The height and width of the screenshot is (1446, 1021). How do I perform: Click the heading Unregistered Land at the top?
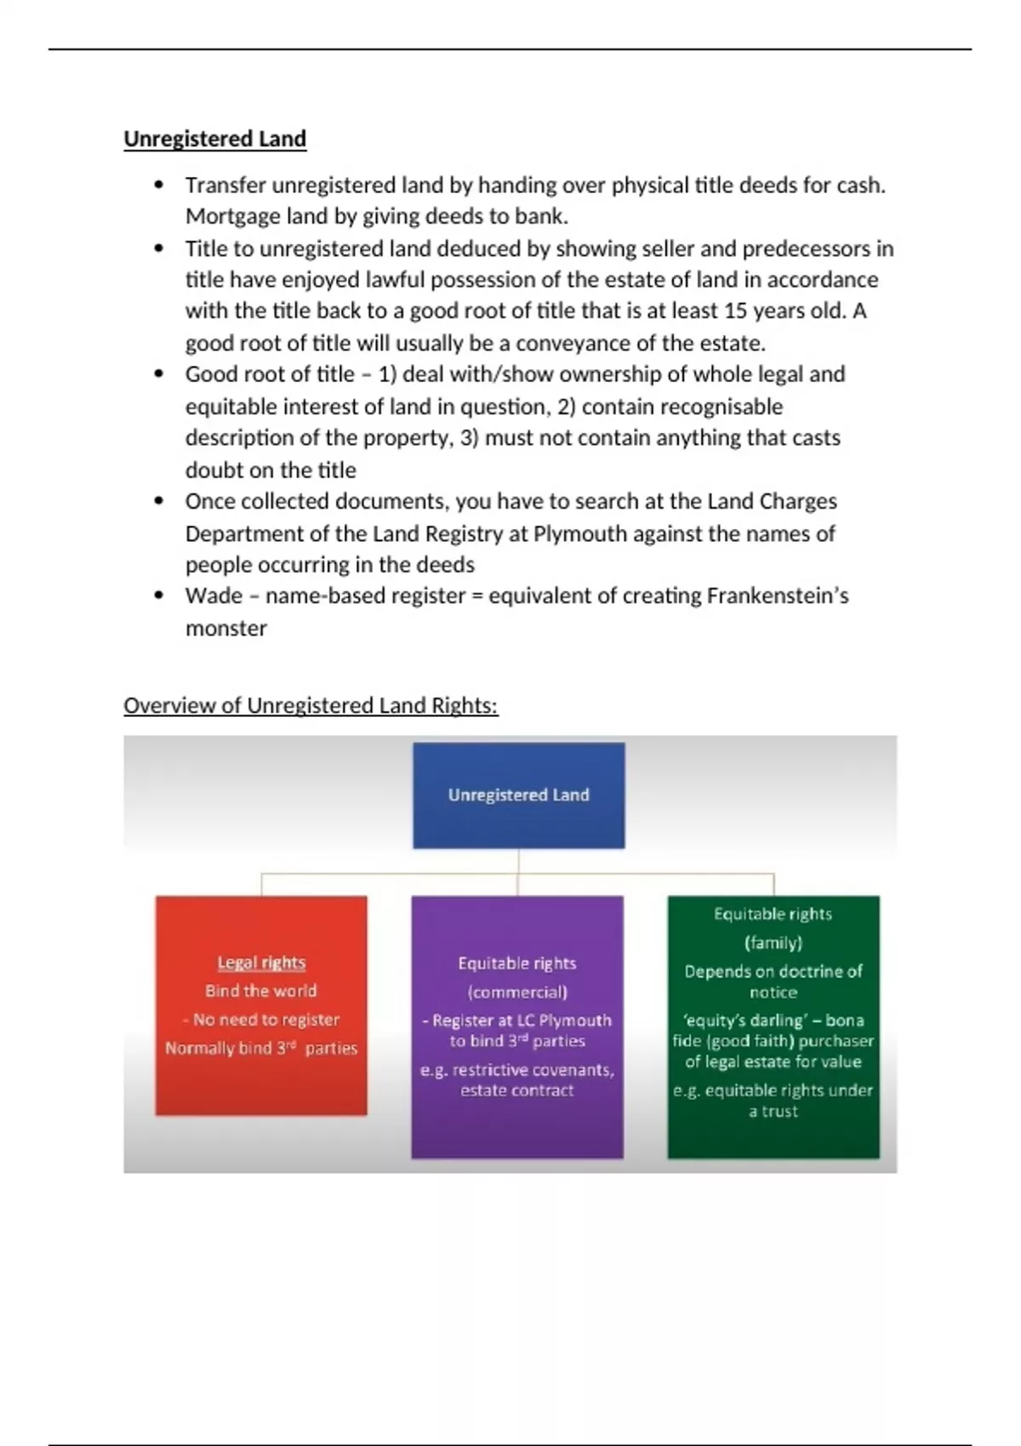tap(214, 139)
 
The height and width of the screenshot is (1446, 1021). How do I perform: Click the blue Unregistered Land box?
tap(518, 794)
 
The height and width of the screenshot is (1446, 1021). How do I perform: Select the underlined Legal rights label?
tap(261, 962)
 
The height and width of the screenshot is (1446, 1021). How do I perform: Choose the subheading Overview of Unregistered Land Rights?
tap(311, 705)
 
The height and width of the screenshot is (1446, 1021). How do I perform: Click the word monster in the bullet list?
tap(225, 628)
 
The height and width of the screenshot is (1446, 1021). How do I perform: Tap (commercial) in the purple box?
tap(517, 992)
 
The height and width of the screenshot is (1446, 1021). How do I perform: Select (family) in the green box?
tap(773, 942)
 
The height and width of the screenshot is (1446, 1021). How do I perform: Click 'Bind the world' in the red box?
tap(260, 991)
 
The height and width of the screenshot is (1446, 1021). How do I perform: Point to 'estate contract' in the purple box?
tap(517, 1090)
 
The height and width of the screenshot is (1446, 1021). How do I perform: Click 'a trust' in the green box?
tap(773, 1111)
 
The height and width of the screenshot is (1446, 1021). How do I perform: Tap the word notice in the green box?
tap(773, 992)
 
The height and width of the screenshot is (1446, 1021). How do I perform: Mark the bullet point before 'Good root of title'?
tap(159, 374)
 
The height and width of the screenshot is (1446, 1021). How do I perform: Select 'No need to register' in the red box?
tap(265, 1019)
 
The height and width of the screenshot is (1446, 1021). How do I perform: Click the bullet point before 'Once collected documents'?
tap(159, 501)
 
